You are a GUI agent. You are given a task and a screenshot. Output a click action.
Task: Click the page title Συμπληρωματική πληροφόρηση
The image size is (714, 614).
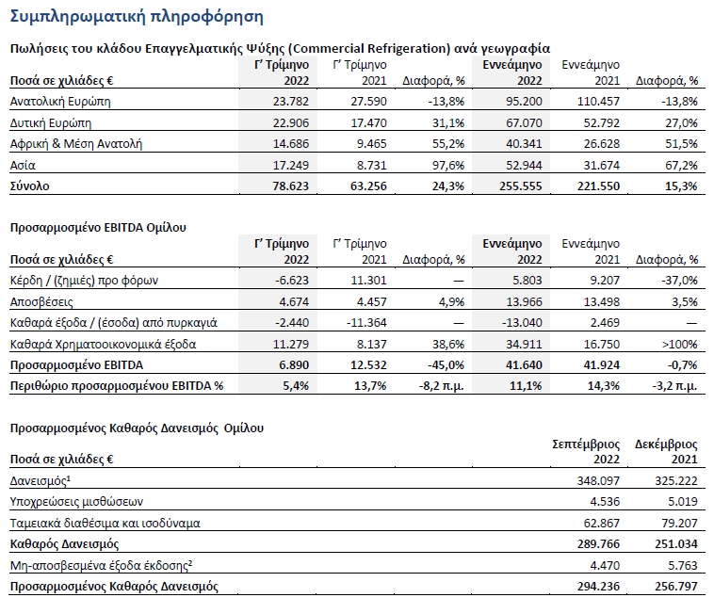[137, 17]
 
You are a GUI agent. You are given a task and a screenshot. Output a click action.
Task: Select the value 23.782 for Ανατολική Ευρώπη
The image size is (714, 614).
[290, 101]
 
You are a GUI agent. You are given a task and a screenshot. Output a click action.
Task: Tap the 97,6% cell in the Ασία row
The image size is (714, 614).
[448, 165]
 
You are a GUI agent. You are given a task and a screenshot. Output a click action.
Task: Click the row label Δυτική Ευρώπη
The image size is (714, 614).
[51, 122]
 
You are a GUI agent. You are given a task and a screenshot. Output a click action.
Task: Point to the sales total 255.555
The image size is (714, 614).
[521, 186]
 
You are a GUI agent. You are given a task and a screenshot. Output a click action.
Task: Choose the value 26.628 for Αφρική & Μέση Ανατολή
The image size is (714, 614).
[602, 144]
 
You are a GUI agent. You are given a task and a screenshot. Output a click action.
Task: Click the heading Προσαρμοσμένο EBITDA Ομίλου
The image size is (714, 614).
[98, 227]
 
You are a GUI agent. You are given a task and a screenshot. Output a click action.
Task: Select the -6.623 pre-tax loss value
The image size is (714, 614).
[292, 280]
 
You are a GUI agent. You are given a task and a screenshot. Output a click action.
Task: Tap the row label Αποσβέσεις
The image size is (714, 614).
[41, 301]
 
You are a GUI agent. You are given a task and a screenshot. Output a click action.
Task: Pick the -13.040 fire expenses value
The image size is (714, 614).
[522, 323]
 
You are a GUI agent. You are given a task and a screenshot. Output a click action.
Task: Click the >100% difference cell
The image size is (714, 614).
[679, 344]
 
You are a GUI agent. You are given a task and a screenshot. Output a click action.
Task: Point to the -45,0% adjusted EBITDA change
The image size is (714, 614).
[446, 365]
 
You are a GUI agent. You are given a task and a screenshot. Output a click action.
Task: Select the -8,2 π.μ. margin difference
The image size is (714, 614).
[441, 386]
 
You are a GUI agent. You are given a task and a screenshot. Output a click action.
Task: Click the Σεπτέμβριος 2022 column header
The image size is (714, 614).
[586, 451]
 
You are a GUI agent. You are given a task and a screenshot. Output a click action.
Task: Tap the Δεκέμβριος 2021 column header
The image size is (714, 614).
[666, 451]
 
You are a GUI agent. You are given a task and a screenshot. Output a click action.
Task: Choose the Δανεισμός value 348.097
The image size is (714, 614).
[598, 480]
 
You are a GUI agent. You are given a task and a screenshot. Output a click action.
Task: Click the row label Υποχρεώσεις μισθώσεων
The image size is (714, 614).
[76, 502]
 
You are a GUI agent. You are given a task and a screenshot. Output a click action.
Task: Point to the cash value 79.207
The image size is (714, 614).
[679, 523]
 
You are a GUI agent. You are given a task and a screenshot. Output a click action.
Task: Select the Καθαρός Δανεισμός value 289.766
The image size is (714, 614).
[598, 544]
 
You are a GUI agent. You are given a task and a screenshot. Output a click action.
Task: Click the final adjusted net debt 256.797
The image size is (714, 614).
[676, 587]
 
